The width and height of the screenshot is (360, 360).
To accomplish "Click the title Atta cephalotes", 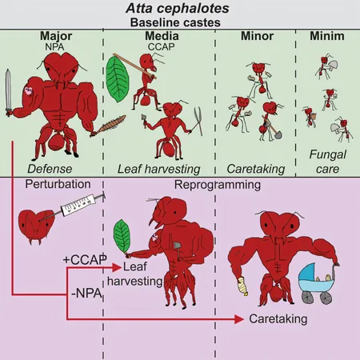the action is tap(178, 8).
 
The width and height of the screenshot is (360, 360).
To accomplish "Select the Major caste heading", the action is tap(56, 36).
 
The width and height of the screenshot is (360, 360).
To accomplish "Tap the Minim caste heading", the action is tap(327, 36).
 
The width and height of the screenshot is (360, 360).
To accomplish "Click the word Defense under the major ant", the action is tap(50, 169).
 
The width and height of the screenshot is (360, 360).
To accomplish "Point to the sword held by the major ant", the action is tap(8, 93).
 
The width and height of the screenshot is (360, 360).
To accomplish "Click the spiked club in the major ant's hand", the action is tap(109, 126).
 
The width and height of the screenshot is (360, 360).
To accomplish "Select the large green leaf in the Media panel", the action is tap(118, 79).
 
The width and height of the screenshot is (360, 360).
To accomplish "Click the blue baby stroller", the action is tap(316, 282).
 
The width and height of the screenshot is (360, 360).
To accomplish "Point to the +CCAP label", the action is tap(85, 260).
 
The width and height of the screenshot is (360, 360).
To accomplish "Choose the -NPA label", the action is tap(87, 294).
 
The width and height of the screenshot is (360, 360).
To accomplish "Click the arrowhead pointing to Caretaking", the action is tap(239, 319).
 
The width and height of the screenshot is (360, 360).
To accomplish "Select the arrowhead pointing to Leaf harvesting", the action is tap(117, 267).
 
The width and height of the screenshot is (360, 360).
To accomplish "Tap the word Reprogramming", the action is tap(218, 185).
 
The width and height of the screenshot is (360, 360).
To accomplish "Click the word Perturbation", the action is tap(58, 184).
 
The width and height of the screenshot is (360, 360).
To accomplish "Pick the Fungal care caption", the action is tap(328, 162).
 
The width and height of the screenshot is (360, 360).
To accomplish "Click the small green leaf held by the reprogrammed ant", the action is tap(122, 237).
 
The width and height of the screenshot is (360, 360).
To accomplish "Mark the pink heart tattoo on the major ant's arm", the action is tap(28, 90).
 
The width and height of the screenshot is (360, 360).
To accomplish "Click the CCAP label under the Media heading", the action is tap(162, 47).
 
